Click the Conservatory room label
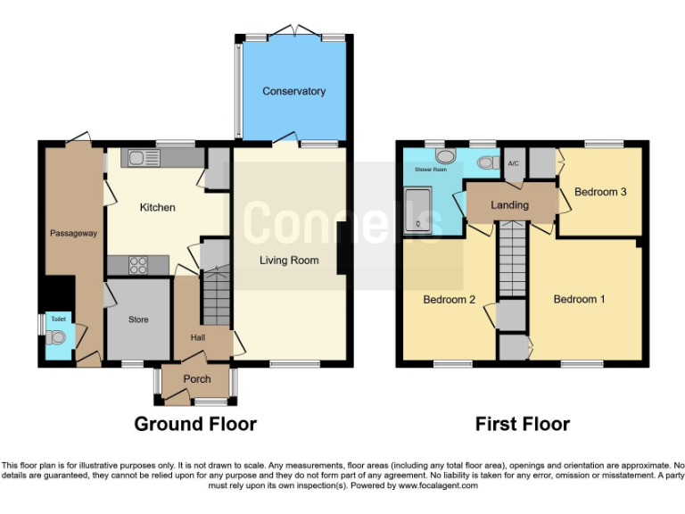pyautogui.click(x=293, y=91)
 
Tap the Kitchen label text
pyautogui.click(x=157, y=207)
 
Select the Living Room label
pyautogui.click(x=289, y=261)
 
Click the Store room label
pyautogui.click(x=137, y=319)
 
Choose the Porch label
pyautogui.click(x=196, y=379)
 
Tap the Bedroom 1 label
pyautogui.click(x=579, y=299)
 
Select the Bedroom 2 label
pyautogui.click(x=449, y=300)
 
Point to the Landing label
pyautogui.click(x=509, y=205)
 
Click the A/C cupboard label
pyautogui.click(x=513, y=164)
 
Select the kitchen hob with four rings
pyautogui.click(x=139, y=264)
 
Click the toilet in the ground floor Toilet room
pyautogui.click(x=58, y=338)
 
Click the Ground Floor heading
pyautogui.click(x=195, y=424)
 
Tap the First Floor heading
pyautogui.click(x=522, y=424)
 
